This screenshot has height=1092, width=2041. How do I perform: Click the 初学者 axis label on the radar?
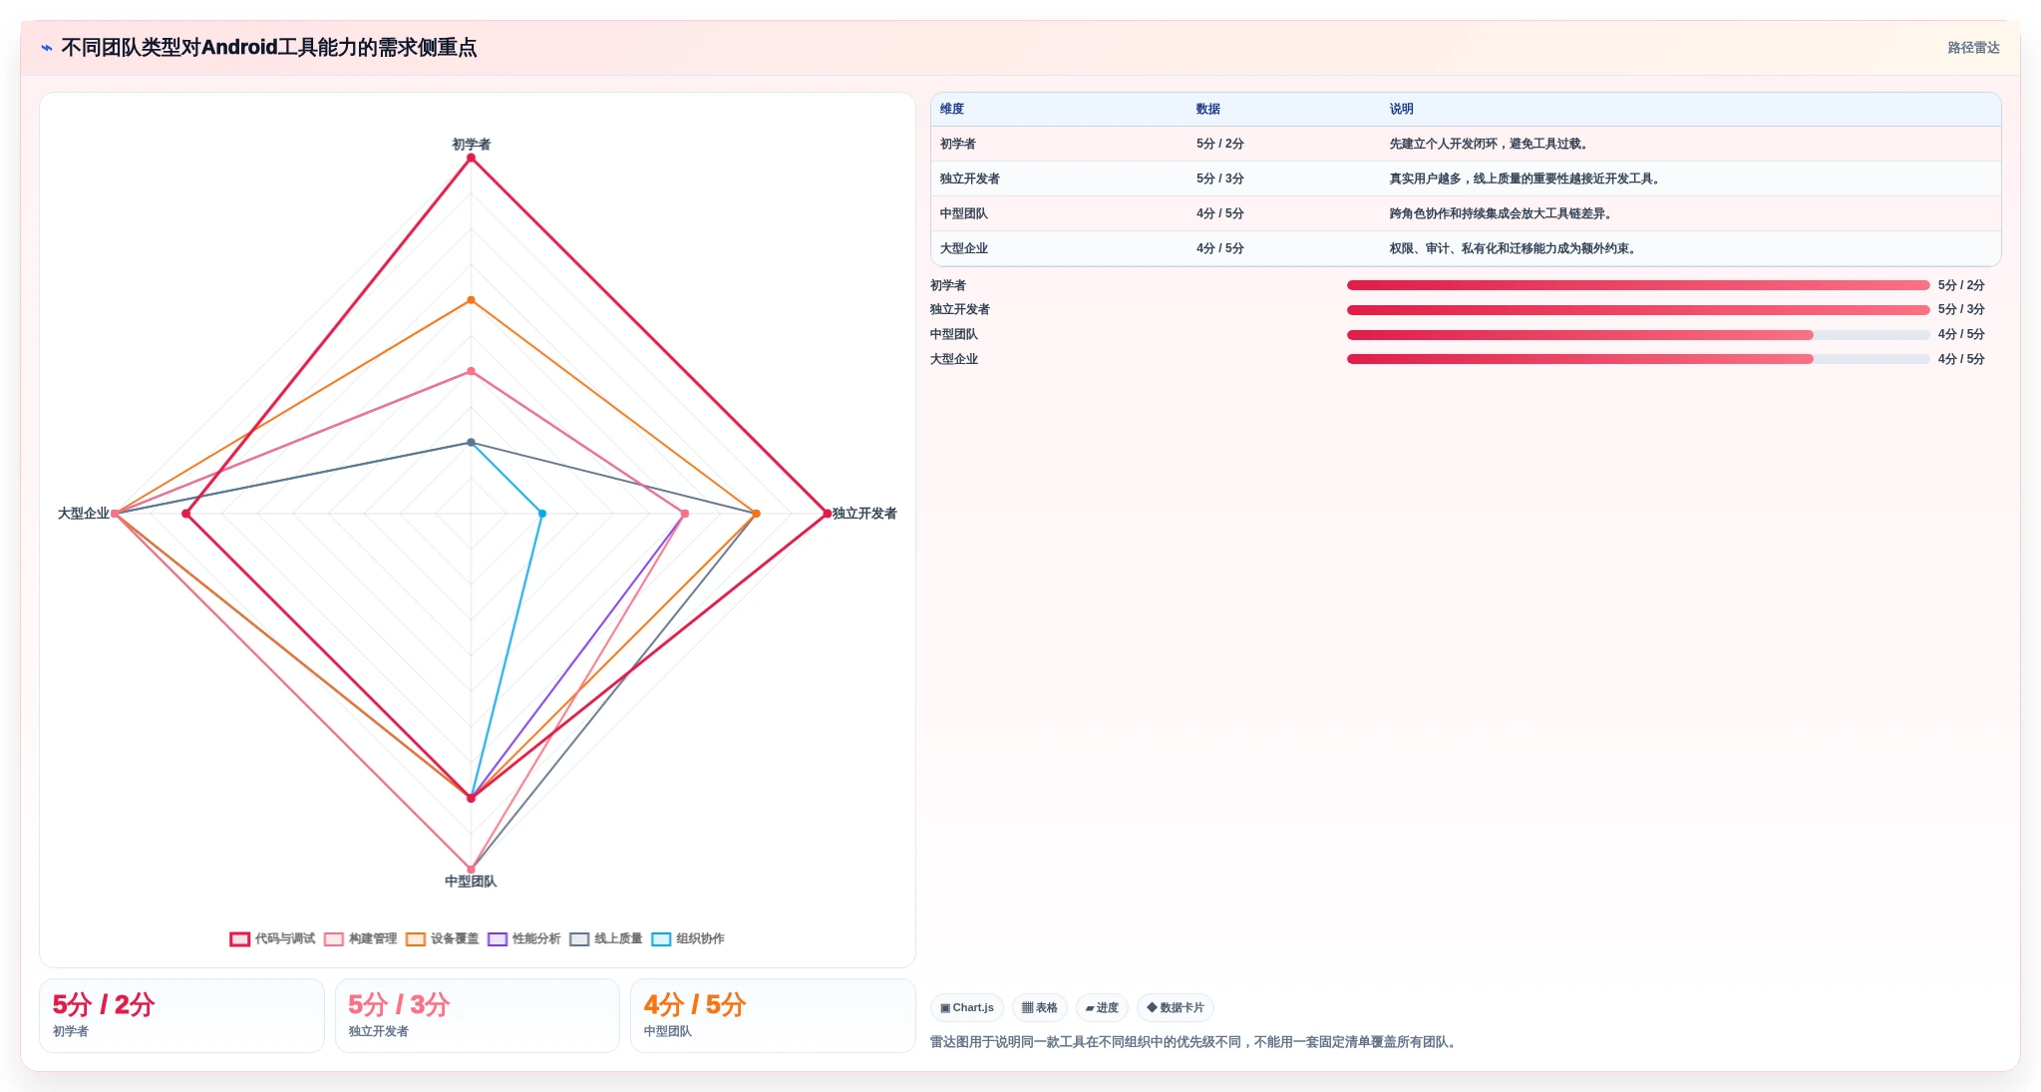point(471,144)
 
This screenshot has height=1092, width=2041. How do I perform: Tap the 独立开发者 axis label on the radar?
point(864,513)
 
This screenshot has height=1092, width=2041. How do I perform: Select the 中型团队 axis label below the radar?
point(471,881)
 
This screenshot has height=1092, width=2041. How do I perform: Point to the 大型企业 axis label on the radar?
point(84,513)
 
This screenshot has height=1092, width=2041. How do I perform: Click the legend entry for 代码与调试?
point(272,938)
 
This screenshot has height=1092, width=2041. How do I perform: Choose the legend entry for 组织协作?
point(688,938)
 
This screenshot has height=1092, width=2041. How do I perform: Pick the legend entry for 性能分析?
point(524,938)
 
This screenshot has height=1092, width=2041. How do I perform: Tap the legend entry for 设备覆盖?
point(443,938)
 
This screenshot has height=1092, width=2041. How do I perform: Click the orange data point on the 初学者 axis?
point(471,300)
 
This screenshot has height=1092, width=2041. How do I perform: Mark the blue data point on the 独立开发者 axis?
point(542,514)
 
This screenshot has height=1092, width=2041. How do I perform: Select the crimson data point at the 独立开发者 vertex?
point(827,514)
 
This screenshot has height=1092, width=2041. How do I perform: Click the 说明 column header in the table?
point(1401,109)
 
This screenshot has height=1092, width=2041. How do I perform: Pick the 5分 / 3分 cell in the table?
point(1220,179)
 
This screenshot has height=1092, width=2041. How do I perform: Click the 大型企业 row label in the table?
point(964,248)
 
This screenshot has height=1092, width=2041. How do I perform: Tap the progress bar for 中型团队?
point(1638,335)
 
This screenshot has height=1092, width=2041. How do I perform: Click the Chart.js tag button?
point(967,1007)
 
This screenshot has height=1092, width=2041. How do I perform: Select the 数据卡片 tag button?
point(1176,1007)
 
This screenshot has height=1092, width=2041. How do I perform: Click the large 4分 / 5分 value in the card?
point(695,1004)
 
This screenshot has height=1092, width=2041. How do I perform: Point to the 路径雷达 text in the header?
point(1973,47)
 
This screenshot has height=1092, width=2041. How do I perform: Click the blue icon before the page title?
point(46,47)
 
